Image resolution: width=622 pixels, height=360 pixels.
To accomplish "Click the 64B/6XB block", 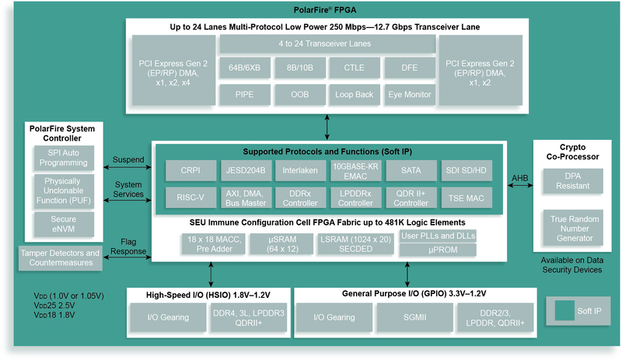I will coord(245,68).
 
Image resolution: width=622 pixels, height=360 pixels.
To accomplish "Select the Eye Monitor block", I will coord(409,95).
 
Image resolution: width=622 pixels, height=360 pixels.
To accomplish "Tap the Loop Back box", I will coord(354,95).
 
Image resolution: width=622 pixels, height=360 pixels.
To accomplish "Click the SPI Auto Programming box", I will coord(64,159).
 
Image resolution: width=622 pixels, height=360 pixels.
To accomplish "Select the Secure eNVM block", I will coord(64,225).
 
